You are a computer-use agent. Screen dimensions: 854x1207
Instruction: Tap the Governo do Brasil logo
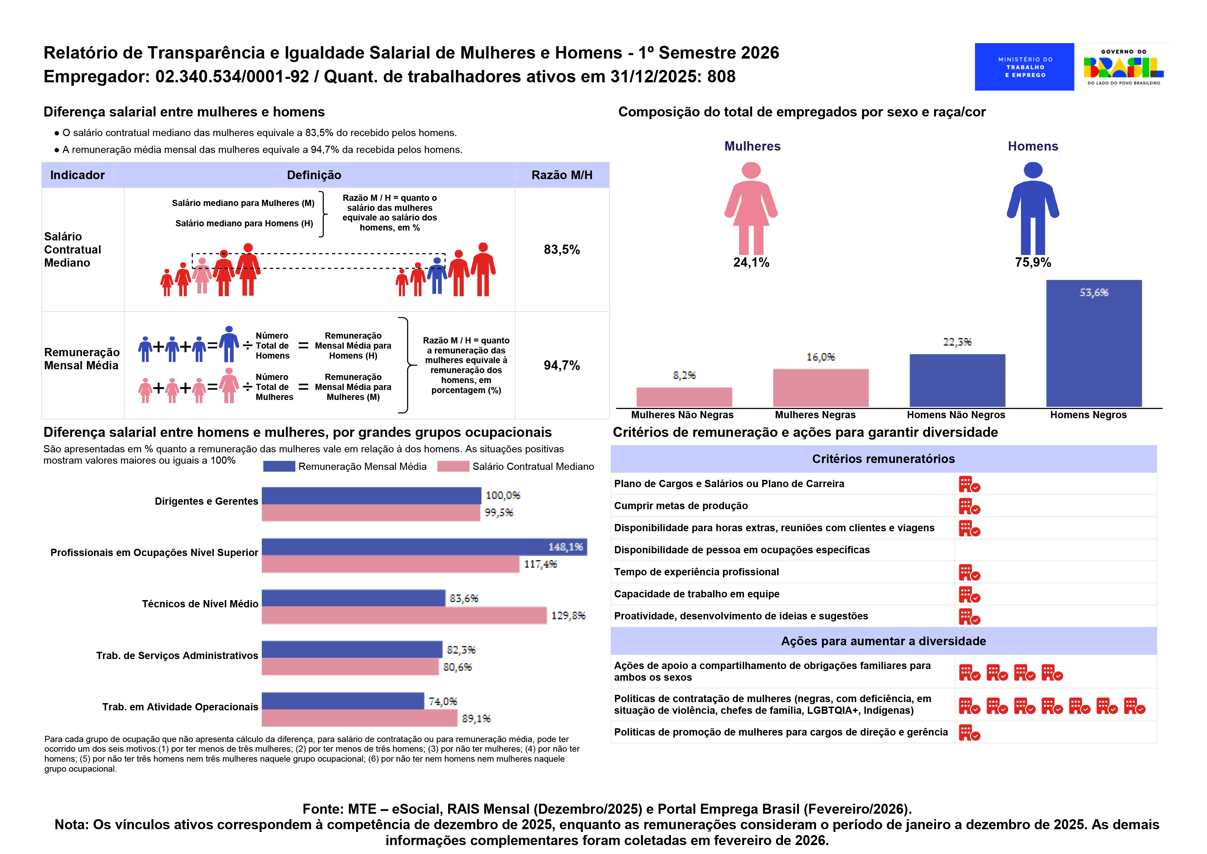(x=1123, y=67)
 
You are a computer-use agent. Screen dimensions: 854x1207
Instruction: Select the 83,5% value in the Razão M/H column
(x=561, y=250)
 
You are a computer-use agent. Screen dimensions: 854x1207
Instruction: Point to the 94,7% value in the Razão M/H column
(x=561, y=366)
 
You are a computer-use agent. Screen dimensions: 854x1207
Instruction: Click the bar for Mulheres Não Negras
(x=684, y=397)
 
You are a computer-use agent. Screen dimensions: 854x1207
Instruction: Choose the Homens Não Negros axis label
(x=956, y=415)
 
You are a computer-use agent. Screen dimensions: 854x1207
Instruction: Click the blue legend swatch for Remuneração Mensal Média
(x=279, y=466)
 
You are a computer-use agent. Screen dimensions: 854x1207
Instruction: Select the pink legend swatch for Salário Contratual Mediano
(x=453, y=466)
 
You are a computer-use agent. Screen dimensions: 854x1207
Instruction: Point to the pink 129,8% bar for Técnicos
(x=404, y=615)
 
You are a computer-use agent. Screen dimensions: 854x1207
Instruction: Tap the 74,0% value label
(x=443, y=701)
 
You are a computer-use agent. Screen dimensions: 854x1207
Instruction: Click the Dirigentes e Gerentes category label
(x=206, y=501)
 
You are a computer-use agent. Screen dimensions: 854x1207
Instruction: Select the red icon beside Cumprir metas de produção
(x=969, y=506)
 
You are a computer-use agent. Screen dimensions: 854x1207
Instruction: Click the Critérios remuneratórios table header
(x=883, y=459)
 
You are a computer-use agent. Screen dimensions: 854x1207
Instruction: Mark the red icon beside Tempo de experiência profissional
(x=969, y=573)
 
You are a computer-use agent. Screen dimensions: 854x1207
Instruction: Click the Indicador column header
(x=77, y=175)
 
